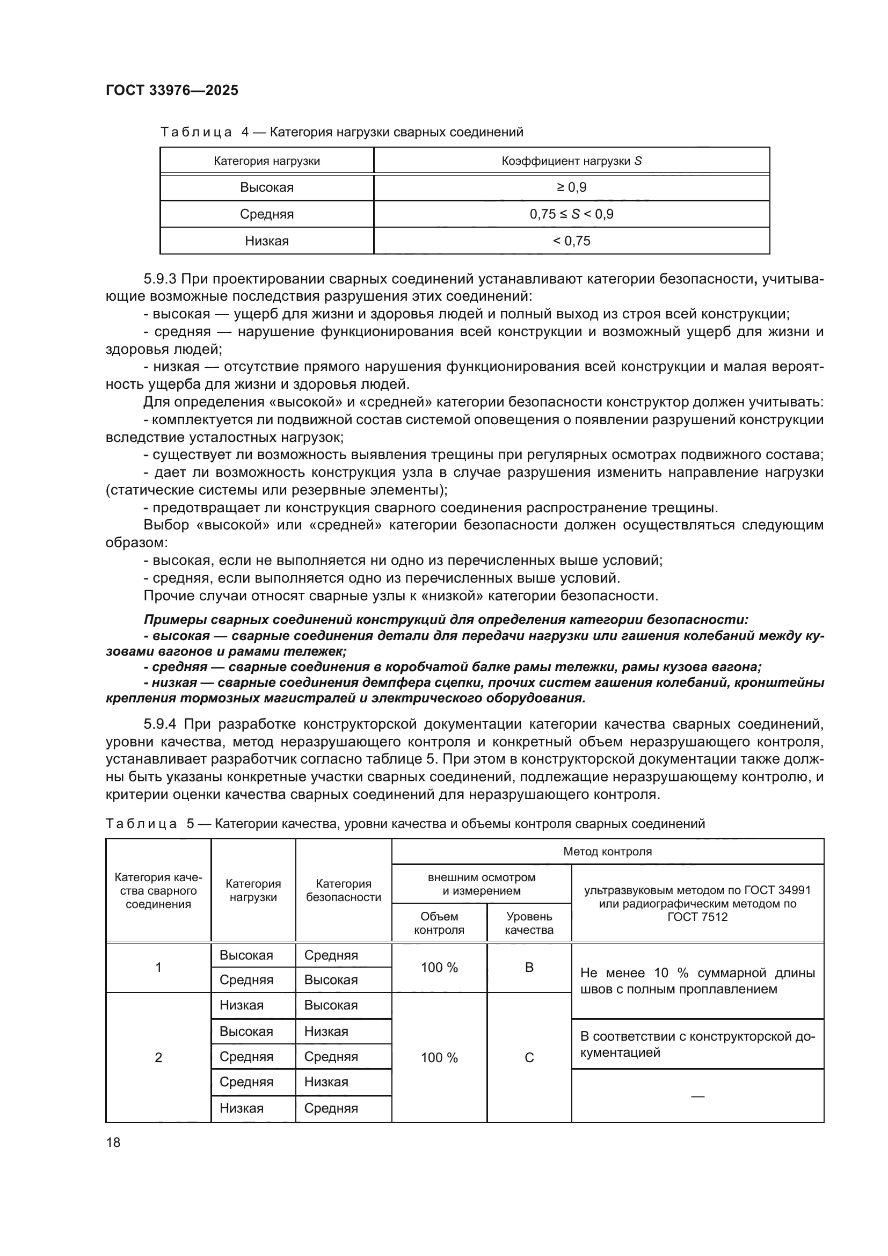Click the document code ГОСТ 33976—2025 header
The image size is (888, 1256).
click(x=172, y=90)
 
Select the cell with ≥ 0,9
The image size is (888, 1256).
click(x=571, y=187)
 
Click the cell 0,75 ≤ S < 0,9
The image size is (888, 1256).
click(x=571, y=214)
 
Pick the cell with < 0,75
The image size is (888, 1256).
click(x=571, y=241)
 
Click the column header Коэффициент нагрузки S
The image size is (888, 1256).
click(x=571, y=161)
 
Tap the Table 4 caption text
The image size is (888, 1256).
click(x=342, y=132)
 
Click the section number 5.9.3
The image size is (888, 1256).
click(x=159, y=279)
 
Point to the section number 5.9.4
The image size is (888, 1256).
click(x=159, y=724)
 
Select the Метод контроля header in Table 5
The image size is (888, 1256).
click(x=608, y=851)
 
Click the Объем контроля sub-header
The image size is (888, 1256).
click(x=439, y=923)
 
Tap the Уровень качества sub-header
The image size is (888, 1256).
click(x=529, y=923)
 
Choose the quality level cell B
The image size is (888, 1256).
click(x=529, y=967)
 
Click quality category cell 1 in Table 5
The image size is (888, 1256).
click(x=158, y=967)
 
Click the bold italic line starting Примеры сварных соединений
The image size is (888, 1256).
click(x=446, y=620)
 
